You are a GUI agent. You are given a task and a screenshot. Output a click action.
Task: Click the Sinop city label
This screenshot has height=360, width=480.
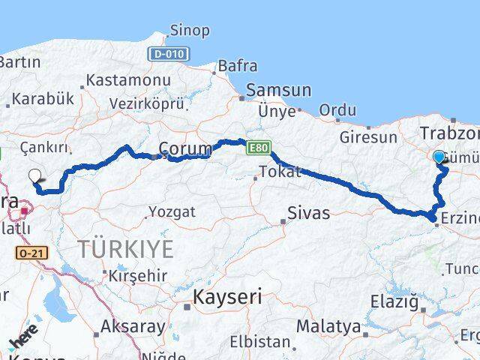(x=190, y=30)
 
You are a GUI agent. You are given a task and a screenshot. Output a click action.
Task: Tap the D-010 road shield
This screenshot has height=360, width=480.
(x=169, y=54)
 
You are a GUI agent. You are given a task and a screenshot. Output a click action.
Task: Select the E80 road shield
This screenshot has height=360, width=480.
(x=256, y=148)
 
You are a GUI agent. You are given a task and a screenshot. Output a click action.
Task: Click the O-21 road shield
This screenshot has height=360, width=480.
(x=31, y=254)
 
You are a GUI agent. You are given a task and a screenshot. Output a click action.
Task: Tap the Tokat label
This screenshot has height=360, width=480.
(x=279, y=172)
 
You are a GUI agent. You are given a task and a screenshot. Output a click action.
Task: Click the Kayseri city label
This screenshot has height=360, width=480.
(x=227, y=297)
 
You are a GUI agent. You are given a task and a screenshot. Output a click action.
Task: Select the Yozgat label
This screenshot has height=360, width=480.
(x=172, y=212)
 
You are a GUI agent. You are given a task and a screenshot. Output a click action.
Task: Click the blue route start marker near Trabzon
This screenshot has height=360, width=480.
(x=439, y=156)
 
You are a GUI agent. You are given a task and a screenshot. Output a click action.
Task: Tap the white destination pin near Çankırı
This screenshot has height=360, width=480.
(x=34, y=177)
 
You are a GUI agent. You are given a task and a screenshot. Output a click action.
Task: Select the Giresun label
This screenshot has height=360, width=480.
(x=368, y=137)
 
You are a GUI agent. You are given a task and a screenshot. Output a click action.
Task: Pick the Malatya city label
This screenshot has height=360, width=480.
(x=328, y=326)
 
